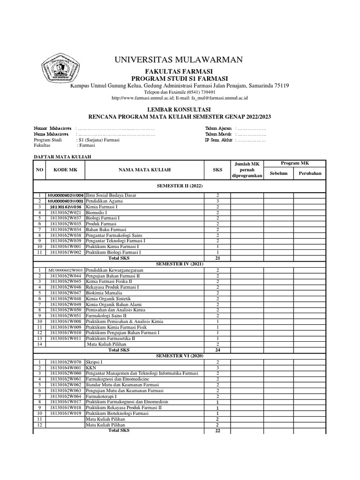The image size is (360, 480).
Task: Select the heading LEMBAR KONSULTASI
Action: tap(180, 108)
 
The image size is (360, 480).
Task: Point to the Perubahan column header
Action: tap(310, 173)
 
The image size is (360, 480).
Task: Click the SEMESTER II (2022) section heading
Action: tap(180, 186)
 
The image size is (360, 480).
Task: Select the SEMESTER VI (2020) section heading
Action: tap(180, 356)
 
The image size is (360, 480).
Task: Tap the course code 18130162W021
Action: tap(66, 212)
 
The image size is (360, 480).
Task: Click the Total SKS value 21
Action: tap(217, 258)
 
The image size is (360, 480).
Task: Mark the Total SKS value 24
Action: tap(217, 350)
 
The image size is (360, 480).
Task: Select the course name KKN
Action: tap(91, 368)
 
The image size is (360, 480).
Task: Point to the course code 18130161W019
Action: tap(66, 413)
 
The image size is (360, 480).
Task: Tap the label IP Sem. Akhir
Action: tap(219, 140)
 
